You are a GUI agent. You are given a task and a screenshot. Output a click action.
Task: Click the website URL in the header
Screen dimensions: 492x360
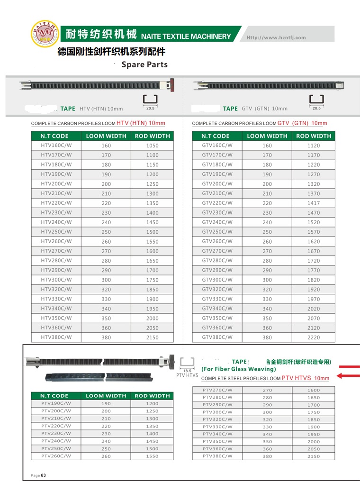pyautogui.click(x=276, y=37)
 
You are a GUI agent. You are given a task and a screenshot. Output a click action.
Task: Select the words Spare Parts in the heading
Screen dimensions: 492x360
pyautogui.click(x=144, y=64)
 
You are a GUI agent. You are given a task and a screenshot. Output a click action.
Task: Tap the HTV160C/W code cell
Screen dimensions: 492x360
pyautogui.click(x=56, y=146)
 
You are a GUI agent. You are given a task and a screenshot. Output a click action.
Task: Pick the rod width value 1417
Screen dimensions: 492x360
pyautogui.click(x=314, y=203)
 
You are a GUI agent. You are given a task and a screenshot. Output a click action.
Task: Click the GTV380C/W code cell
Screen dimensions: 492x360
pyautogui.click(x=217, y=337)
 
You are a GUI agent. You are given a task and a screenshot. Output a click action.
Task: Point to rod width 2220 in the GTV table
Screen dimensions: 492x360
pyautogui.click(x=314, y=338)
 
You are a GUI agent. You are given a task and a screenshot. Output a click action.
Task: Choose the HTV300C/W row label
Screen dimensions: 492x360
pyautogui.click(x=56, y=280)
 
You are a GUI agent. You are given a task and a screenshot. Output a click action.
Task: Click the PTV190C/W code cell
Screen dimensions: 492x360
pyautogui.click(x=56, y=403)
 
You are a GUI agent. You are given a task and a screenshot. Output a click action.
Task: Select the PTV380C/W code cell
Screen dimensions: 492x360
pyautogui.click(x=217, y=456)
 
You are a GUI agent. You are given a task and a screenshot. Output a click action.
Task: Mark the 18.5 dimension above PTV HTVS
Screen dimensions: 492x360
pyautogui.click(x=187, y=370)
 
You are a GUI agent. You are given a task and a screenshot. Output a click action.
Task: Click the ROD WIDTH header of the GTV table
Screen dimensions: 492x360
pyautogui.click(x=314, y=136)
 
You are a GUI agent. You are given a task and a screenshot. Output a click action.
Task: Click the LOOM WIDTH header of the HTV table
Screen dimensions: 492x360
pyautogui.click(x=106, y=136)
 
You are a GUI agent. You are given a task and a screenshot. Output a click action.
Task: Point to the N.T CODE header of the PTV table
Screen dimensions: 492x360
pyautogui.click(x=54, y=396)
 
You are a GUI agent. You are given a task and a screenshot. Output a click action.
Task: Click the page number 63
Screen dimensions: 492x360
pyautogui.click(x=43, y=475)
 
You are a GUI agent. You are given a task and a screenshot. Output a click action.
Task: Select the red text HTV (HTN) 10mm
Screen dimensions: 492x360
pyautogui.click(x=141, y=123)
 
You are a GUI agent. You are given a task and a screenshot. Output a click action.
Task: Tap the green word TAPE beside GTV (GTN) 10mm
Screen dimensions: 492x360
pyautogui.click(x=230, y=109)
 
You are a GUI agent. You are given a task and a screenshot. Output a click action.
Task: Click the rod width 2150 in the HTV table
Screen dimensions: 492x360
pyautogui.click(x=153, y=338)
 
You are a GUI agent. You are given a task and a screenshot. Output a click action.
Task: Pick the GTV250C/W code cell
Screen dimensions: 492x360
pyautogui.click(x=217, y=232)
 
